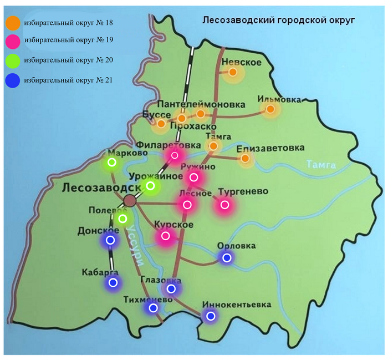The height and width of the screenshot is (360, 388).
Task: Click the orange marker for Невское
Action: coord(233,72)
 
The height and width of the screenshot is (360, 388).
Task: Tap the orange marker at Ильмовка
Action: coord(270,109)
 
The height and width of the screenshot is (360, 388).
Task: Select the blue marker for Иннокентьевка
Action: coord(210,316)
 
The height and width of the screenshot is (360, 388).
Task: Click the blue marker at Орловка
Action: coord(226,257)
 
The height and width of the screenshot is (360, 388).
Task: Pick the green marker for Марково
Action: coord(112,163)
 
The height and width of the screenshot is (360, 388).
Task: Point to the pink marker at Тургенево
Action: coord(224,205)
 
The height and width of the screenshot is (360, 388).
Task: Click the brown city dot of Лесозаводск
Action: coord(130,200)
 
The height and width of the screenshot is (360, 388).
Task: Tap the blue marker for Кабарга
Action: coord(113,282)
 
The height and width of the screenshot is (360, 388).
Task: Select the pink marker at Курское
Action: coord(165,236)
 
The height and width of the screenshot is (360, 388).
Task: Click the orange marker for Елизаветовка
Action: coord(246,159)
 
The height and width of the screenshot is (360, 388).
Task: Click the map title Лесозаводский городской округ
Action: coord(279,21)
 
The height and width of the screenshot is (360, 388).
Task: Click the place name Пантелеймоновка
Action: coord(201,104)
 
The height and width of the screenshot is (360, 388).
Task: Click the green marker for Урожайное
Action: coord(150,185)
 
